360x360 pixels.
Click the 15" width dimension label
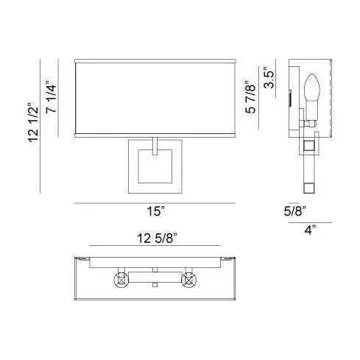[155, 212]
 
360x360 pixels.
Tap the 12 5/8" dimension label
[156, 237]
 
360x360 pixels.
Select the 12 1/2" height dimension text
[33, 123]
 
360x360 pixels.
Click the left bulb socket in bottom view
[120, 279]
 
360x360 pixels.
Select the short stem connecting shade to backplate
[155, 144]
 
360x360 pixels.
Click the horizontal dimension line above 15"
[155, 202]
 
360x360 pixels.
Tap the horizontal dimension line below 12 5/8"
[155, 246]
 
